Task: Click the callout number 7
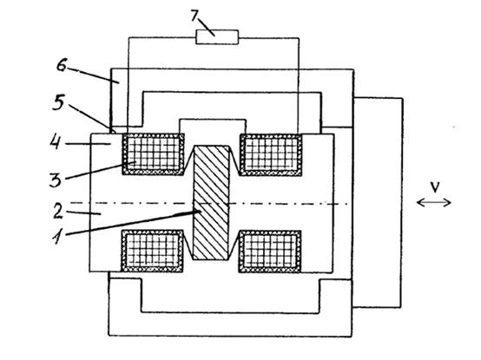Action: pyautogui.click(x=194, y=16)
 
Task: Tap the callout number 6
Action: pyautogui.click(x=62, y=66)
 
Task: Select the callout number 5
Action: pyautogui.click(x=58, y=102)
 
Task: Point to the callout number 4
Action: pyautogui.click(x=56, y=142)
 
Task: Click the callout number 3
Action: pyautogui.click(x=56, y=180)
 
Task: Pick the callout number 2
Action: pyautogui.click(x=58, y=212)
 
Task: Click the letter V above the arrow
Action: pyautogui.click(x=435, y=187)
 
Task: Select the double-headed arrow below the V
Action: pyautogui.click(x=434, y=202)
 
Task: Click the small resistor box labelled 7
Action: pyautogui.click(x=217, y=37)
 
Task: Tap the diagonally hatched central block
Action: pyautogui.click(x=211, y=203)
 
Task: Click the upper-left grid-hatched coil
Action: pyautogui.click(x=154, y=154)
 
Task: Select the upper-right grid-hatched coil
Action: pyautogui.click(x=271, y=154)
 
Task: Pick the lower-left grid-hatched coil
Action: pyautogui.click(x=153, y=251)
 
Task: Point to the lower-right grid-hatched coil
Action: pyautogui.click(x=270, y=252)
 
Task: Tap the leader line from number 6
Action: pyautogui.click(x=93, y=75)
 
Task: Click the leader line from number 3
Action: pyautogui.click(x=101, y=170)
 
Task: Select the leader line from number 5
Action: pyautogui.click(x=92, y=119)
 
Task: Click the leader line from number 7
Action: pyautogui.click(x=207, y=28)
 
